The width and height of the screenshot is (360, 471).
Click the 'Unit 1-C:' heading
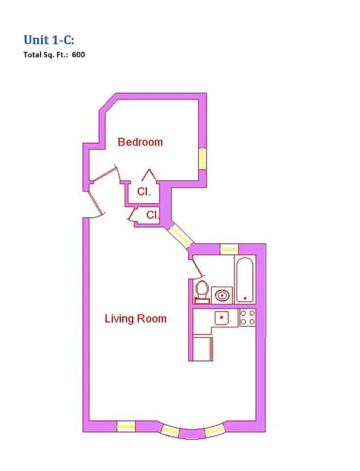[49, 40]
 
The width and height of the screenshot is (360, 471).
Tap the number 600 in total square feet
[79, 55]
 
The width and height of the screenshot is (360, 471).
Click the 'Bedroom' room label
[140, 142]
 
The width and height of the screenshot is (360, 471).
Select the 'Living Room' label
[135, 319]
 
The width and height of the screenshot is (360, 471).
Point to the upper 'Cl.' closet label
[144, 191]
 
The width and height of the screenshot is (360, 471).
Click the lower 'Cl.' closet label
[152, 215]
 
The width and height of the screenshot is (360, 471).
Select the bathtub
[245, 279]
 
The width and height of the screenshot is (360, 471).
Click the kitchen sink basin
[222, 318]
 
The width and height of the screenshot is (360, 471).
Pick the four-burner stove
[248, 318]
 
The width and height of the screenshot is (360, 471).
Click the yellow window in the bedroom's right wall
[202, 158]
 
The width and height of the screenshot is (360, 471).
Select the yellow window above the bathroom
[228, 249]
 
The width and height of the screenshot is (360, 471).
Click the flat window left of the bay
[126, 427]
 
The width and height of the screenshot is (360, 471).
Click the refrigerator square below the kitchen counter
[202, 348]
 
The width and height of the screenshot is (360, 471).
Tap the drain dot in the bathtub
[245, 298]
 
